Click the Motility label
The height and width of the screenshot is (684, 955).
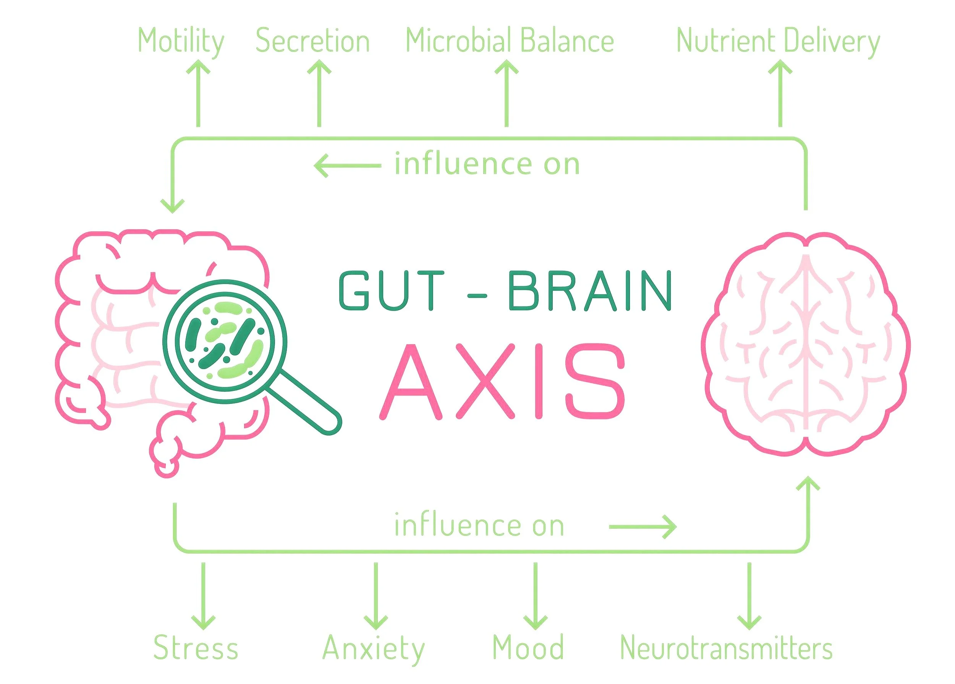(x=181, y=41)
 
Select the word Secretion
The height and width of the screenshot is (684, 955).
(x=312, y=41)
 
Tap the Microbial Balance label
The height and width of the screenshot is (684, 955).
(x=510, y=41)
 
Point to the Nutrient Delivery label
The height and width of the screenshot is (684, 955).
(x=778, y=41)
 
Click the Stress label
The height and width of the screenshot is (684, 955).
(x=196, y=648)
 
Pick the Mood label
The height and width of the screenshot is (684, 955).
(x=528, y=648)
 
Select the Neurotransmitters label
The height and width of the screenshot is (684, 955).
(x=726, y=648)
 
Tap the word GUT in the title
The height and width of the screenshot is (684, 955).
(x=391, y=291)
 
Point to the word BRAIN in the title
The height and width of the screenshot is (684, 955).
(x=589, y=291)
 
